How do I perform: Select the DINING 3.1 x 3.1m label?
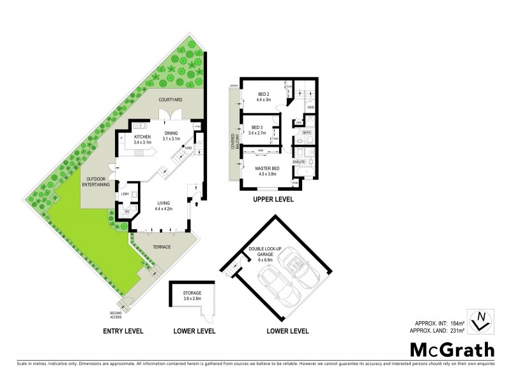[x=171, y=136]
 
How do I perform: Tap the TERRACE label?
[x=161, y=246]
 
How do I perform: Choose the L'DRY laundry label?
[x=125, y=193]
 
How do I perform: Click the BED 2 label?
[x=264, y=97]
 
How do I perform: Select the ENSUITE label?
[x=299, y=161]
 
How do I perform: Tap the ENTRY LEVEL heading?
[x=123, y=331]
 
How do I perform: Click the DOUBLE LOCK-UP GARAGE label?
[x=268, y=253]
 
